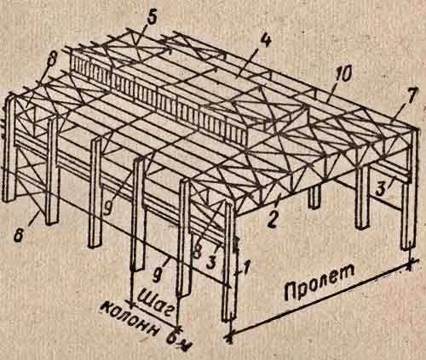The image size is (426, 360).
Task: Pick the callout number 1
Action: coord(245,268)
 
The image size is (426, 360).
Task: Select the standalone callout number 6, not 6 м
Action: coord(19,235)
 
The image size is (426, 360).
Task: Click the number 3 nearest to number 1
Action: coord(210,262)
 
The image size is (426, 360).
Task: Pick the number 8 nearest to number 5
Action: coord(51,60)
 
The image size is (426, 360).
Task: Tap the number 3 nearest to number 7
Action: coord(382,188)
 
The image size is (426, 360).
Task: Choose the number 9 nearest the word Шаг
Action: coord(156,275)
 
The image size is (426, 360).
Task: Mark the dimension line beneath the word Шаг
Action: coord(155,316)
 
